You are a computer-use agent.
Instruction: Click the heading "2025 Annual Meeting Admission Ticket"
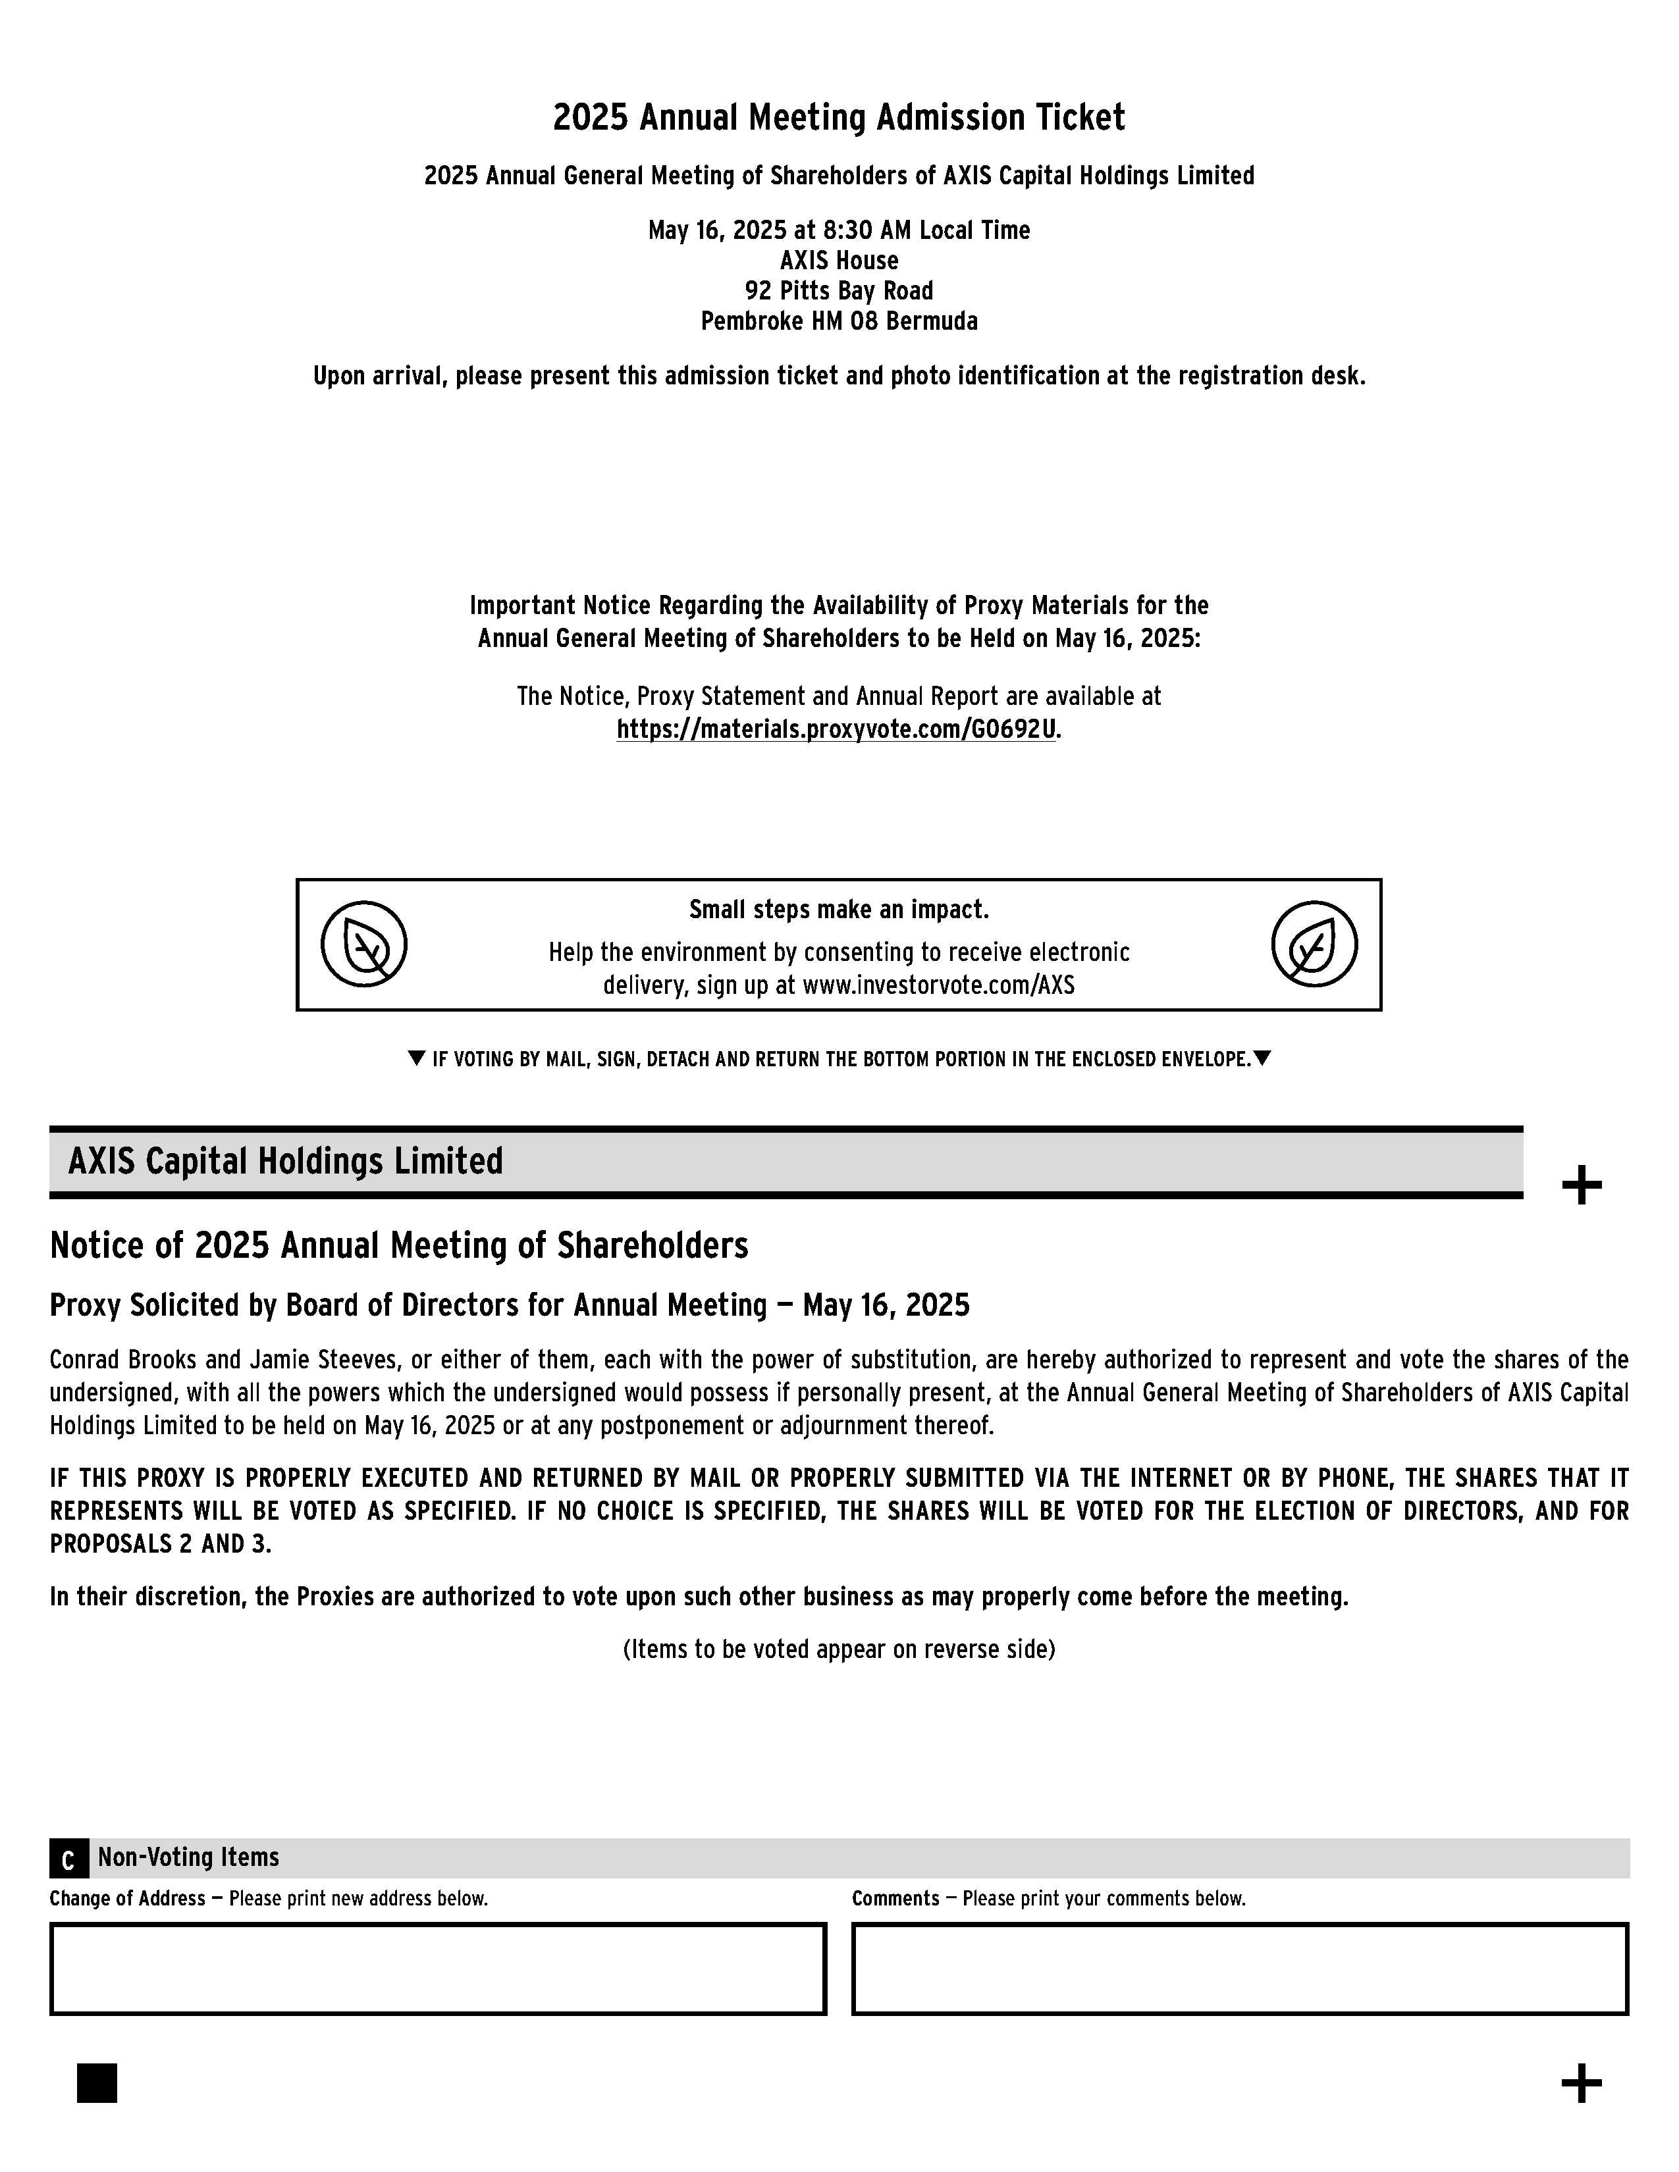[838, 117]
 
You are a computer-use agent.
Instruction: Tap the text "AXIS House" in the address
[838, 261]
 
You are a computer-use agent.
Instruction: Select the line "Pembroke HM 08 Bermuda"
[838, 321]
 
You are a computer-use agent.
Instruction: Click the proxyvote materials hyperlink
[836, 729]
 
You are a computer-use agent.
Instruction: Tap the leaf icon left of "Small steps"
[364, 944]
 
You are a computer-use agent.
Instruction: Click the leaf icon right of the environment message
[1314, 944]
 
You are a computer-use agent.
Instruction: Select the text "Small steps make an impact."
[838, 909]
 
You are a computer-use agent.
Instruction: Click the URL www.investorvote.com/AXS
[938, 985]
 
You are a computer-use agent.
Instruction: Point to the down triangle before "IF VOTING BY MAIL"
[417, 1058]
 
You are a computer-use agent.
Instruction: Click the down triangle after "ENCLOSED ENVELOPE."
[1262, 1058]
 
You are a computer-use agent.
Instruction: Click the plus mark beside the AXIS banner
[1582, 1185]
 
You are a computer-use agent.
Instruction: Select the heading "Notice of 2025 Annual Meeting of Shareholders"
[399, 1245]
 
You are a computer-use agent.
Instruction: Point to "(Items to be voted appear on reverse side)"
[838, 1649]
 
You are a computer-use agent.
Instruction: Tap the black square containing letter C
[68, 1859]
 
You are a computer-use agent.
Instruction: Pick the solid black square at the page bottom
[97, 2082]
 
